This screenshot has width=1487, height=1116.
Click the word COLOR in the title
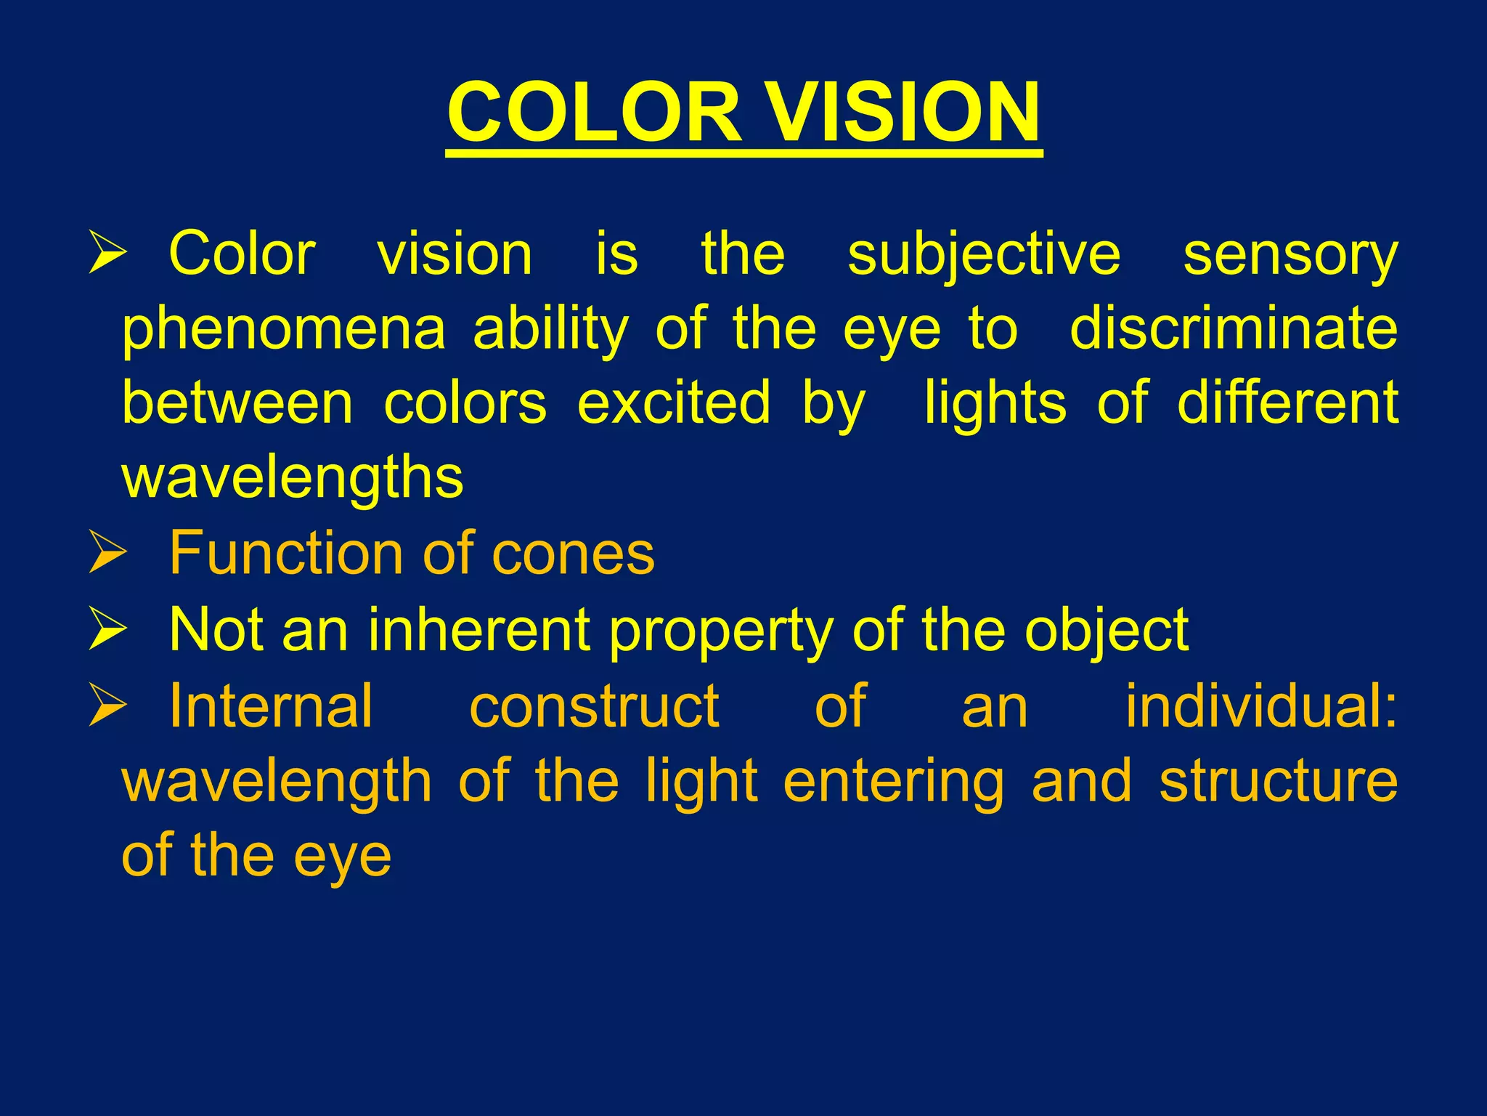pyautogui.click(x=595, y=113)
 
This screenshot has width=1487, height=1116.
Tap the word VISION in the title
pyautogui.click(x=904, y=113)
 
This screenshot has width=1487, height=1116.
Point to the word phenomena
pyautogui.click(x=283, y=331)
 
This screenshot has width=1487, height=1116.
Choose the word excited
pyautogui.click(x=673, y=403)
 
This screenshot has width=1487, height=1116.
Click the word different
pyautogui.click(x=1287, y=403)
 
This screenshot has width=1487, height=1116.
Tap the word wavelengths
pyautogui.click(x=293, y=478)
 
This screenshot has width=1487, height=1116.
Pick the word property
pyautogui.click(x=721, y=631)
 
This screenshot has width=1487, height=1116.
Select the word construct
pyautogui.click(x=595, y=706)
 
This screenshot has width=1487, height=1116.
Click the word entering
pyautogui.click(x=895, y=782)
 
